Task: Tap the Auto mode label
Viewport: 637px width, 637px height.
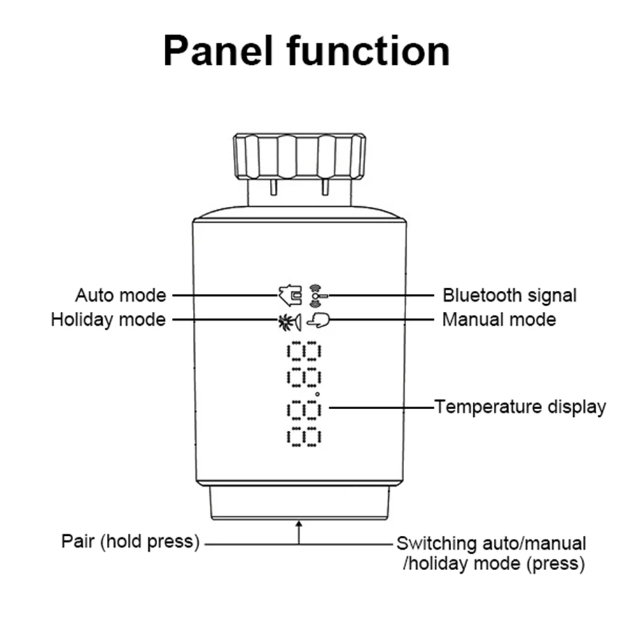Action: point(120,295)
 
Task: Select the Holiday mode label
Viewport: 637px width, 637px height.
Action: point(108,319)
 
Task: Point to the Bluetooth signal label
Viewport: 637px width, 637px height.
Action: point(509,295)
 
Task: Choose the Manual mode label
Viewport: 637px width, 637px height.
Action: point(498,319)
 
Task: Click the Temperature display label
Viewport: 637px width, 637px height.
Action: point(520,407)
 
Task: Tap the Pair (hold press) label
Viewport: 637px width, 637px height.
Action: point(130,542)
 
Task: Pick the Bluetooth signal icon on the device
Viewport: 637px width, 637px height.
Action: point(314,295)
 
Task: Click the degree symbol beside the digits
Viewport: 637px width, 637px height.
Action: point(326,395)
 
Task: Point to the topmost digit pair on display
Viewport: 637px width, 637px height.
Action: point(304,352)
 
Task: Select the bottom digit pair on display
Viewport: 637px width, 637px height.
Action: point(304,437)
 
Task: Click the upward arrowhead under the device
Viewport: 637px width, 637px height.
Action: point(298,524)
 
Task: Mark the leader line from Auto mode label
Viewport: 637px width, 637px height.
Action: point(223,295)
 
